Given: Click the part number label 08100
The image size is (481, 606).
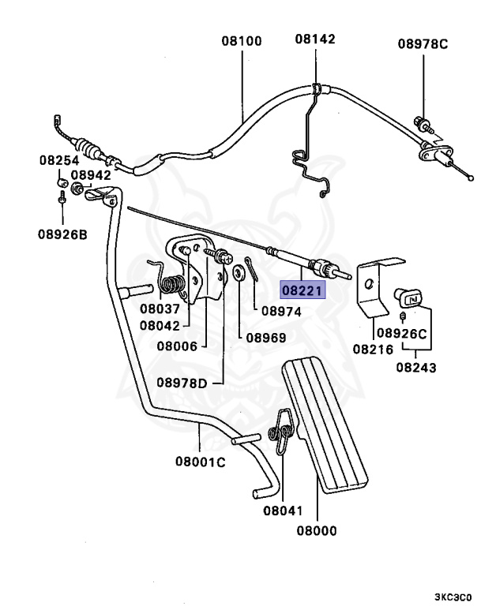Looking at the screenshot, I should pos(242,39).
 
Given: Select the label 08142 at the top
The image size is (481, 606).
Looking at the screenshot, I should pos(316,39).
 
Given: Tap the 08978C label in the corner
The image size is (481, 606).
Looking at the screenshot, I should pos(423,43).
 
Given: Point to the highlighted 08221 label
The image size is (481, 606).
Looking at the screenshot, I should pos(303,290).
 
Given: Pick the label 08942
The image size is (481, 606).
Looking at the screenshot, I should pos(91,175).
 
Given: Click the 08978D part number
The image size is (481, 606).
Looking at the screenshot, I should pos(181,383).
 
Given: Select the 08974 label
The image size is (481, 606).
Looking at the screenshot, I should pos(282,312).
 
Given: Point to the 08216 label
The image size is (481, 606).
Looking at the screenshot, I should pos(373,348).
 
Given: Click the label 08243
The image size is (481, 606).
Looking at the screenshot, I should pos(416,367).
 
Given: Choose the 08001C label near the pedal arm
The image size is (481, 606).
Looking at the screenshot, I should pos(200,462).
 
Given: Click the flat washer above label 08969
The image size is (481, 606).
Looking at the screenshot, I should pos(237,275).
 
